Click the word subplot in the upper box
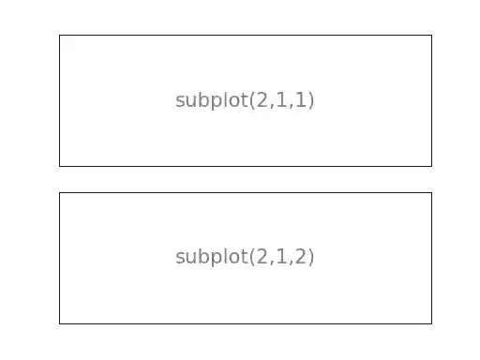(211, 100)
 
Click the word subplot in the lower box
(211, 257)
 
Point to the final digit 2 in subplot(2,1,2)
(302, 257)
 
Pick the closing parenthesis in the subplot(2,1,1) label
(311, 100)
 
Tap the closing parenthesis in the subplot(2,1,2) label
(311, 257)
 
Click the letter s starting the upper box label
(180, 101)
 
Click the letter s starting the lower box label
(180, 258)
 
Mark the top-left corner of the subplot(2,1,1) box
(59, 36)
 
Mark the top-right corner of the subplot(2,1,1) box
(431, 36)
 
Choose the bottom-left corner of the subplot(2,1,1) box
(59, 166)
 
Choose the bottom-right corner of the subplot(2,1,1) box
(431, 166)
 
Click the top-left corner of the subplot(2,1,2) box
(59, 193)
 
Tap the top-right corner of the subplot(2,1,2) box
(431, 193)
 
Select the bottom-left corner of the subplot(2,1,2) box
(59, 323)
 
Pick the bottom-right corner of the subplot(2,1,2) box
(431, 323)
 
